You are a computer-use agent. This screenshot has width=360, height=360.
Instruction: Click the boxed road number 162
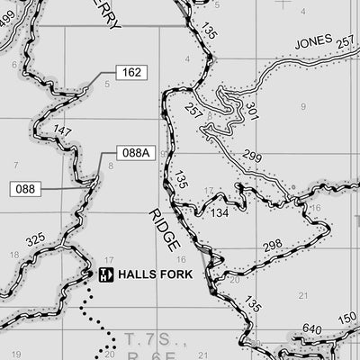coord(131,73)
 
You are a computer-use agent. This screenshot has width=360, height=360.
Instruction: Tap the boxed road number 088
coord(25,189)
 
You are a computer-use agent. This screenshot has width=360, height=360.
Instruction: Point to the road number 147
coord(61,131)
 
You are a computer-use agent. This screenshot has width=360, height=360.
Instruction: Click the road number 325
coord(36,240)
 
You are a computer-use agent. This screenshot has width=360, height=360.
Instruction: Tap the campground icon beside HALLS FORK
coord(105,274)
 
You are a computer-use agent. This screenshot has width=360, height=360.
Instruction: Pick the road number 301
coord(251,112)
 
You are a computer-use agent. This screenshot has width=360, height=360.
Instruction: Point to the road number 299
coord(252,157)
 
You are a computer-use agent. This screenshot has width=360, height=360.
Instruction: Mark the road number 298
coord(273,246)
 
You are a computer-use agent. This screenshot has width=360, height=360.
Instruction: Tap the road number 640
coord(312,328)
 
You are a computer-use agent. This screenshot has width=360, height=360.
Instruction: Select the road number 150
coord(347,319)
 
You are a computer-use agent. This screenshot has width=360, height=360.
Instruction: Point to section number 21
coord(302,294)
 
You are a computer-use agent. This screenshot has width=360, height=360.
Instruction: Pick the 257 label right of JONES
coord(345,42)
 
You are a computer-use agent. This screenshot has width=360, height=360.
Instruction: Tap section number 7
coord(15,166)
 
